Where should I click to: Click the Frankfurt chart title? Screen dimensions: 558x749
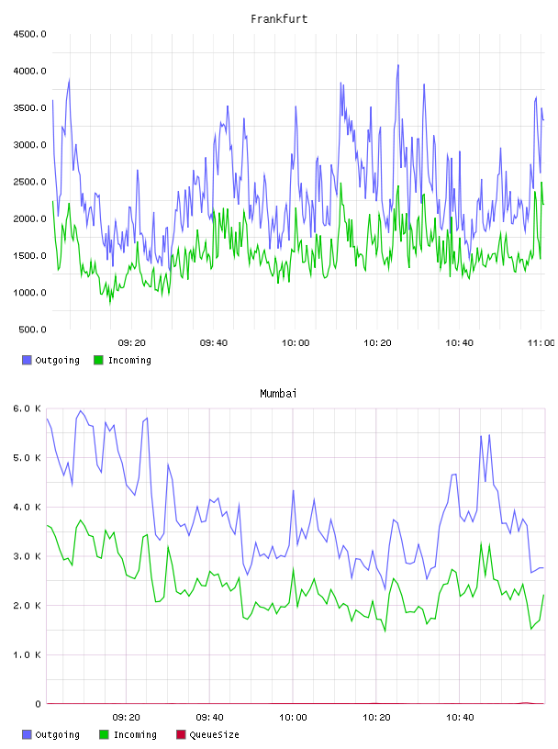coord(279,19)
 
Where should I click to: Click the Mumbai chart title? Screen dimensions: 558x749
coord(278,394)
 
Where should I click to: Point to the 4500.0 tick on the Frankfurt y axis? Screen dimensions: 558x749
coord(29,34)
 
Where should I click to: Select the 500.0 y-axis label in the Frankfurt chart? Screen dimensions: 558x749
coord(32,330)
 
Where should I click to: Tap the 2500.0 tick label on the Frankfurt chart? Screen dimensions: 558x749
coord(29,182)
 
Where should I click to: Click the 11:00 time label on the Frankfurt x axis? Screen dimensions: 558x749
coord(541,343)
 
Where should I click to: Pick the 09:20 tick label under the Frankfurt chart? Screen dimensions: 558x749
coord(132,343)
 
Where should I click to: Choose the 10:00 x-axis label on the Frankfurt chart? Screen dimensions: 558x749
coord(296,343)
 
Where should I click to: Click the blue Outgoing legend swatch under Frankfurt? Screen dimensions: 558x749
coord(27,360)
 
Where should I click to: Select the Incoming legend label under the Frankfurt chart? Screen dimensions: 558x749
coord(129,360)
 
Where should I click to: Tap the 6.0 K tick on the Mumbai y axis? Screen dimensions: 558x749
coord(27,408)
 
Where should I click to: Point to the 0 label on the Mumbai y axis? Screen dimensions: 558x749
coord(38,704)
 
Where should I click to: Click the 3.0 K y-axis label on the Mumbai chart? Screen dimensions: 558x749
coord(27,556)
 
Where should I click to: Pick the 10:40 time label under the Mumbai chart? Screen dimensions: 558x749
coord(460,718)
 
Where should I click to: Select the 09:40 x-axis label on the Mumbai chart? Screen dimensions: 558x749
coord(210,718)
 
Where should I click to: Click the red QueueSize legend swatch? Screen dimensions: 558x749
coord(181,734)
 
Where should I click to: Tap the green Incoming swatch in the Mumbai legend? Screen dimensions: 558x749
coord(104,734)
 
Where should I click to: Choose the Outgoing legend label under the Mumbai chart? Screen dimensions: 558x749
coord(57,734)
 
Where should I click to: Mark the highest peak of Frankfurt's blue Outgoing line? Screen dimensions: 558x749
coord(398,65)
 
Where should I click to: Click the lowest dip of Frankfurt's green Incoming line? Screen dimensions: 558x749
coord(110,303)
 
